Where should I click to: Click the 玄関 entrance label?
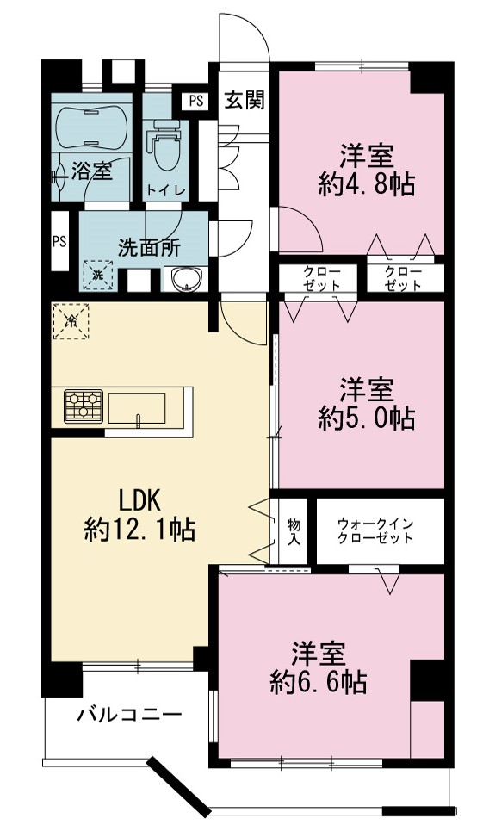[x=244, y=100]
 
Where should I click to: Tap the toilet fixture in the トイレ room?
[x=166, y=144]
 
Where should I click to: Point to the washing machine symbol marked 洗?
[x=98, y=275]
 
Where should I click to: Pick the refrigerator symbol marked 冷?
[x=71, y=320]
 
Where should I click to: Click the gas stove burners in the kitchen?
[x=84, y=406]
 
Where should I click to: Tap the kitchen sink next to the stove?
[x=138, y=408]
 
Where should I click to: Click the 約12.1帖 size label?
[x=139, y=530]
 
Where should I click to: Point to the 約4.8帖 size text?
[x=367, y=185]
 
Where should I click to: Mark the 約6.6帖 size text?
[x=319, y=682]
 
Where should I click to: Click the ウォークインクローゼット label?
[x=375, y=530]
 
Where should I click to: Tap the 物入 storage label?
[x=294, y=531]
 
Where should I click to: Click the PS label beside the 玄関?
[x=195, y=102]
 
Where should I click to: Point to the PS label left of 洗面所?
[x=59, y=242]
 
